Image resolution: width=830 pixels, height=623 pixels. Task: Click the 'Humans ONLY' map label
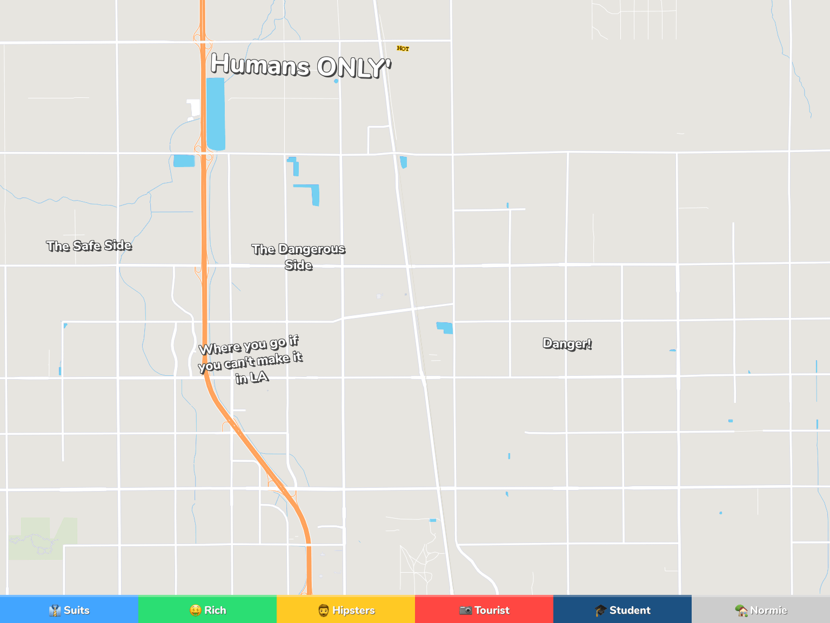(x=300, y=66)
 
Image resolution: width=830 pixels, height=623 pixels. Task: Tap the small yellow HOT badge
(x=403, y=49)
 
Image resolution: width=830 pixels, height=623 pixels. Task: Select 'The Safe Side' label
(x=89, y=246)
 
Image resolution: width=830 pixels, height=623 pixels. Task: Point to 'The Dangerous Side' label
(x=298, y=256)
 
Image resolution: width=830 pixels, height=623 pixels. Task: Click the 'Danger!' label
(x=567, y=344)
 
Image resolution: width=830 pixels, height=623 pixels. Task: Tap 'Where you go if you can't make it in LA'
(x=251, y=359)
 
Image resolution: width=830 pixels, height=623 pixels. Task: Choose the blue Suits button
(x=69, y=610)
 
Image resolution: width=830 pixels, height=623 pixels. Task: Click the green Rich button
(x=207, y=610)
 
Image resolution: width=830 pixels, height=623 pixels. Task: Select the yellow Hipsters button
(x=346, y=610)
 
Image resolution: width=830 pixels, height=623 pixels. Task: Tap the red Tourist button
(x=484, y=610)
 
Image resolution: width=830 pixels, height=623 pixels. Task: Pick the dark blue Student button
(x=622, y=610)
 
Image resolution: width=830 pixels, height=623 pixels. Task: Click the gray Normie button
(x=761, y=610)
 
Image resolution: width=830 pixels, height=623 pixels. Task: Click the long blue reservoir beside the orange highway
(x=216, y=114)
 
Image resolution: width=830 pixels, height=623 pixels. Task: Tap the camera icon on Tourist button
(x=465, y=611)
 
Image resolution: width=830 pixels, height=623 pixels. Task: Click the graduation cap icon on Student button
(x=600, y=611)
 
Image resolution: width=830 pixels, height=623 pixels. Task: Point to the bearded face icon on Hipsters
(x=323, y=611)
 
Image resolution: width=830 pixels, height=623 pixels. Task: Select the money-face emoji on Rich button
(x=196, y=611)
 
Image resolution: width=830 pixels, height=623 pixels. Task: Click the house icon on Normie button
(x=741, y=611)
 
